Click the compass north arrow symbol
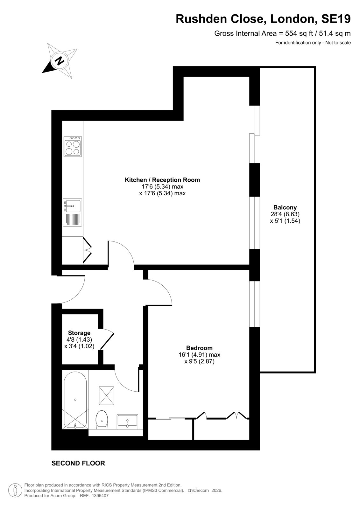pos(60,61)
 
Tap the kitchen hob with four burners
pos(73,146)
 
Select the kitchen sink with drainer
pos(73,212)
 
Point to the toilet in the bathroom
pos(102,420)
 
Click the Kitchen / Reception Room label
pos(162,180)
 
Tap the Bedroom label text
pos(199,348)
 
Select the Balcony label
pos(285,207)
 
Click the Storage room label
pos(79,333)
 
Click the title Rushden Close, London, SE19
pos(263,19)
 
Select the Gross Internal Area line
pos(282,34)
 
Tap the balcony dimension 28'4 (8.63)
pos(285,214)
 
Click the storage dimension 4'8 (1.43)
pos(79,340)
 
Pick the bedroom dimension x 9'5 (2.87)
pos(200,361)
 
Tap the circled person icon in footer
pos(15,490)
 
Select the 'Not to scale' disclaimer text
pos(338,43)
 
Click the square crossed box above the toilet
pos(106,396)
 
